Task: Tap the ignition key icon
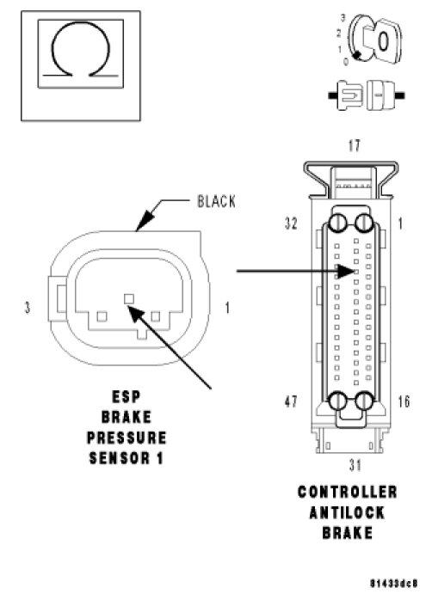tap(374, 39)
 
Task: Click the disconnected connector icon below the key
tap(367, 95)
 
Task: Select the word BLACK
tap(216, 201)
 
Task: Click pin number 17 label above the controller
tap(354, 145)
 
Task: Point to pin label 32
tap(291, 224)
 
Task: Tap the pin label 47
tap(291, 401)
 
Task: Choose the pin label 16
tap(404, 401)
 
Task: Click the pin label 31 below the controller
tap(355, 465)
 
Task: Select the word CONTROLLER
tap(348, 492)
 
